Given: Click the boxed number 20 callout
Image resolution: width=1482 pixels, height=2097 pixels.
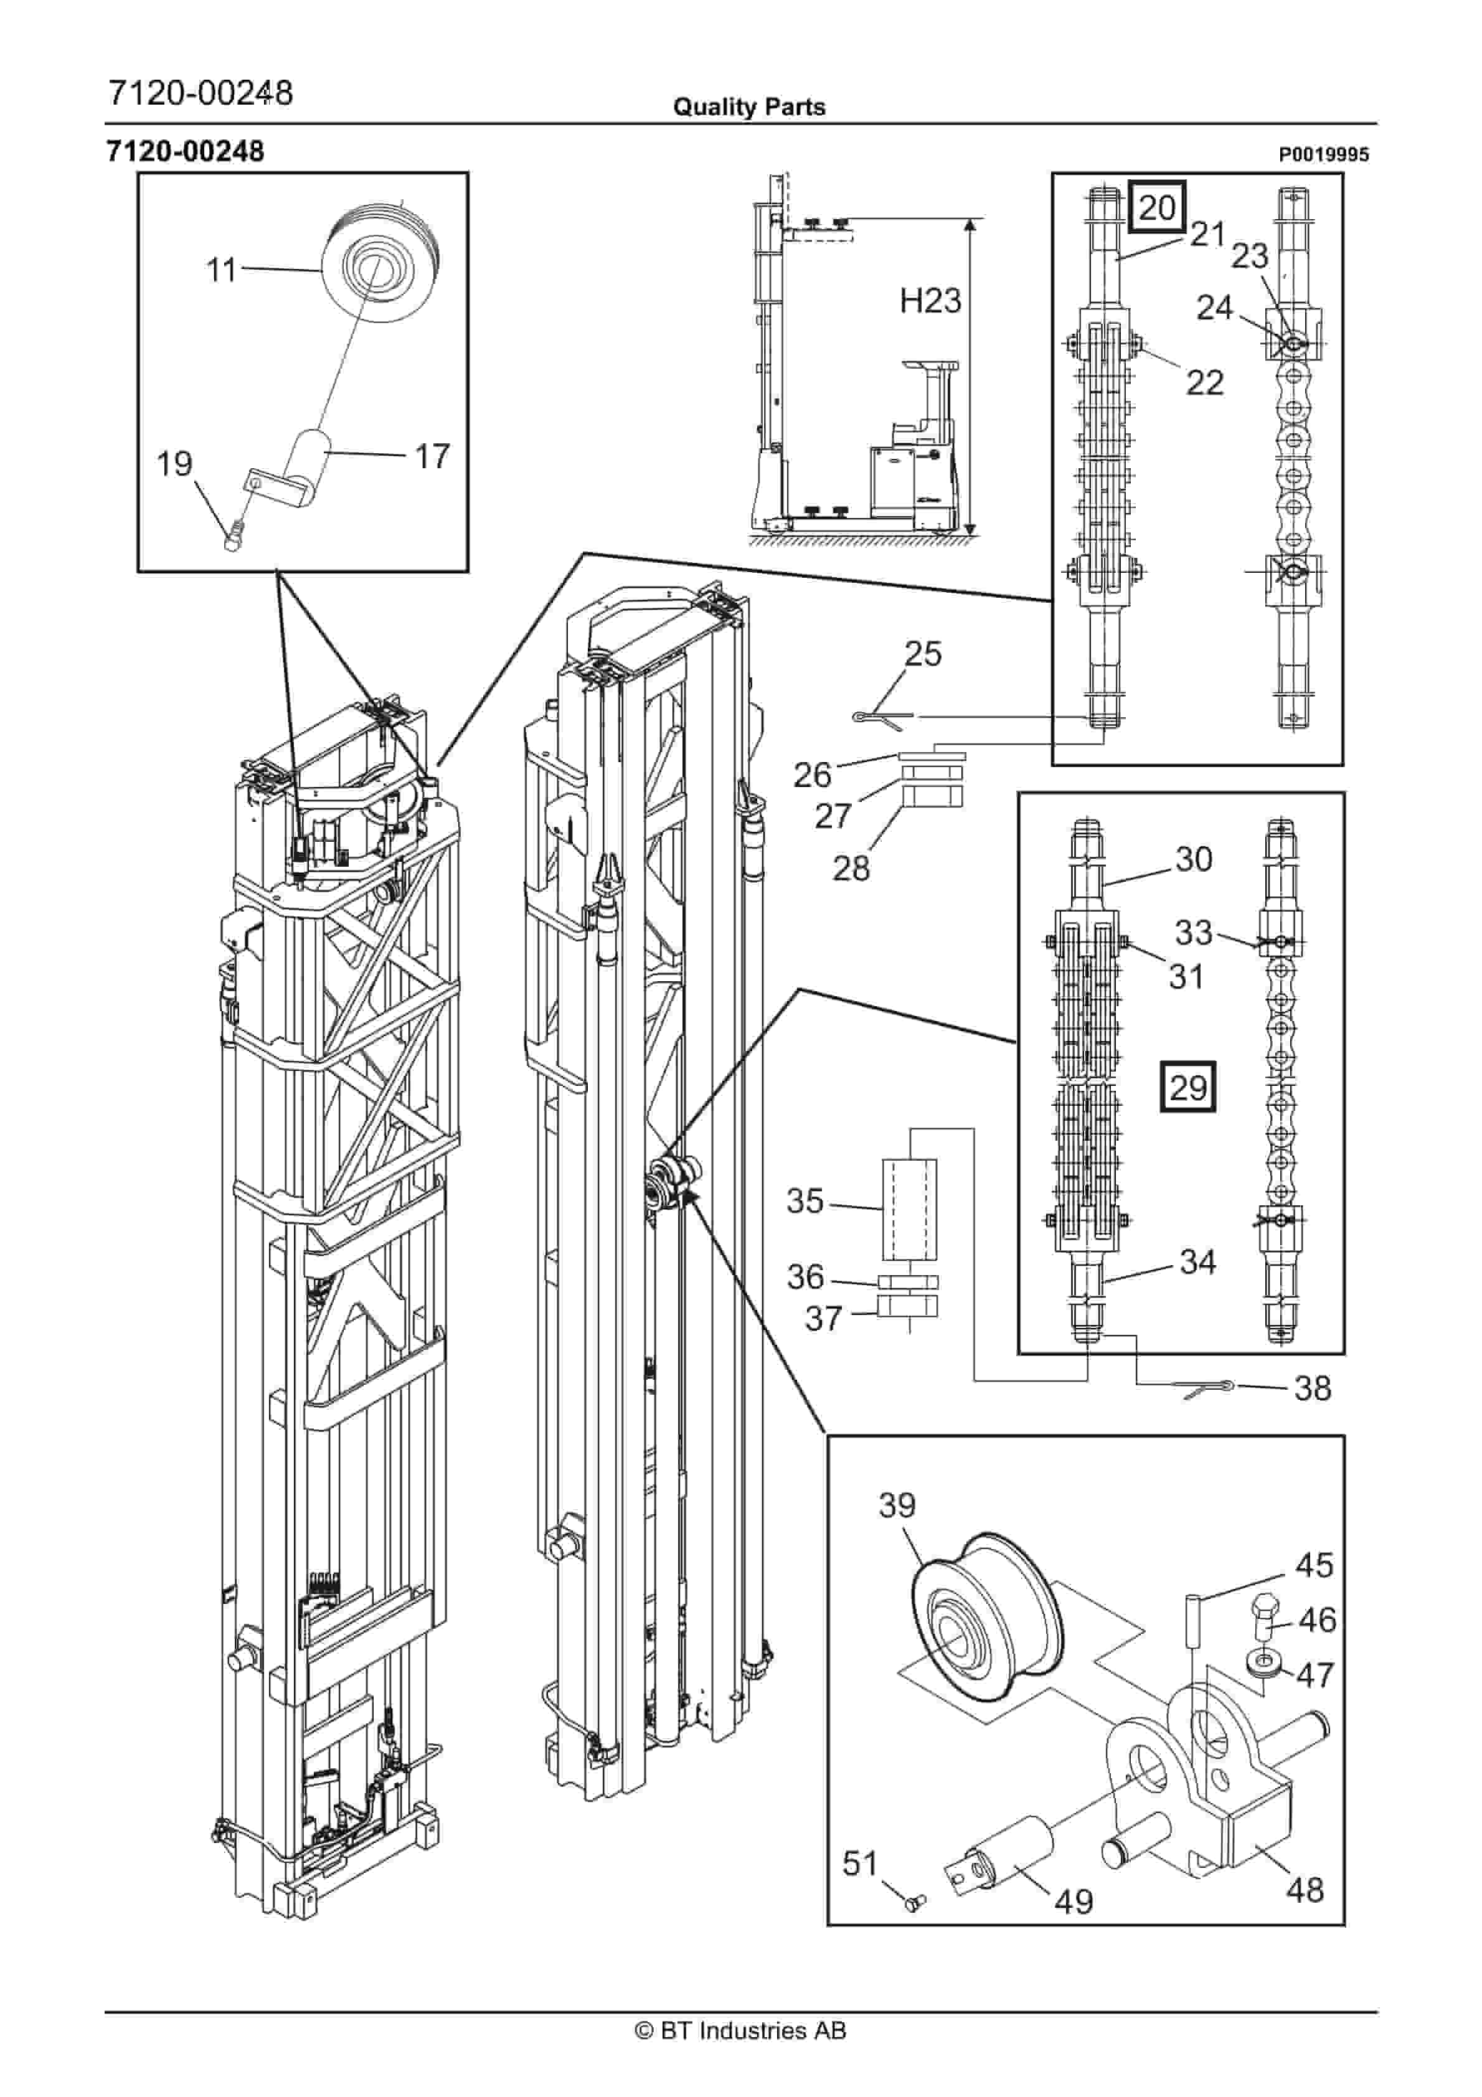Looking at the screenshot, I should point(1157,207).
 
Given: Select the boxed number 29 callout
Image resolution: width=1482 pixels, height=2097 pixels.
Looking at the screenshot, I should point(1188,1087).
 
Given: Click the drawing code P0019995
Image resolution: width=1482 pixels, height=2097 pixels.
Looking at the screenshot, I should point(1323,155).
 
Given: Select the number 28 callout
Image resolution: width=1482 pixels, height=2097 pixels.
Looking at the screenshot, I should point(851,868).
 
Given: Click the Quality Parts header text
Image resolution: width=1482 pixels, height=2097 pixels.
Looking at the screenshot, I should point(748,107).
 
